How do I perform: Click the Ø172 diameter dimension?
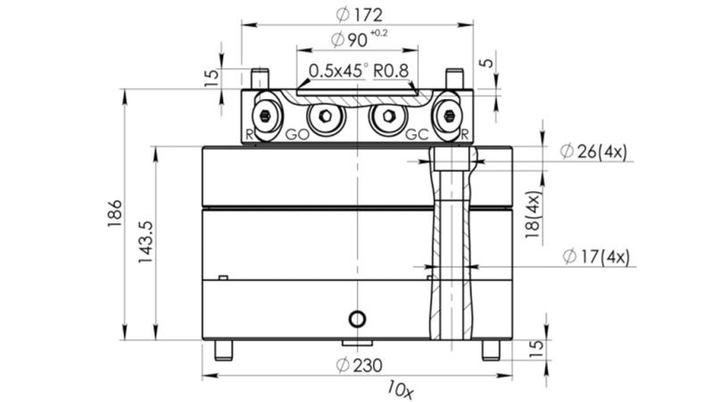[356, 14]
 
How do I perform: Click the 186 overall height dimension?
[115, 214]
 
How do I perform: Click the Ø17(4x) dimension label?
[595, 256]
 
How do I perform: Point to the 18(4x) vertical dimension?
[534, 215]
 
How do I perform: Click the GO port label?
[298, 135]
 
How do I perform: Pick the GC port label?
[417, 135]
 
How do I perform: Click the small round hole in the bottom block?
[358, 319]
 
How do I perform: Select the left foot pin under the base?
[223, 349]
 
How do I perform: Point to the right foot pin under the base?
[491, 349]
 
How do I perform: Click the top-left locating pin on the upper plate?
[260, 78]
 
